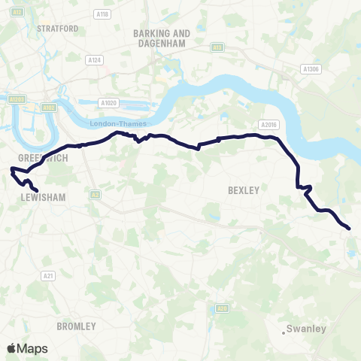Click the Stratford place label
point(57,29)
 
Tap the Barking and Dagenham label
point(161,38)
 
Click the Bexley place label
point(243,191)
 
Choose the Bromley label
point(76,326)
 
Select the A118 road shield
point(102,14)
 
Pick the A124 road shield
point(94,59)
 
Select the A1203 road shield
point(17,99)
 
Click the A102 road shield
point(50,108)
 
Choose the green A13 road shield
point(217,47)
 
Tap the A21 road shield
point(49,276)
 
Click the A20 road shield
point(221,308)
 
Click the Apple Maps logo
point(27,348)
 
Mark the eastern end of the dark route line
point(350,228)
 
